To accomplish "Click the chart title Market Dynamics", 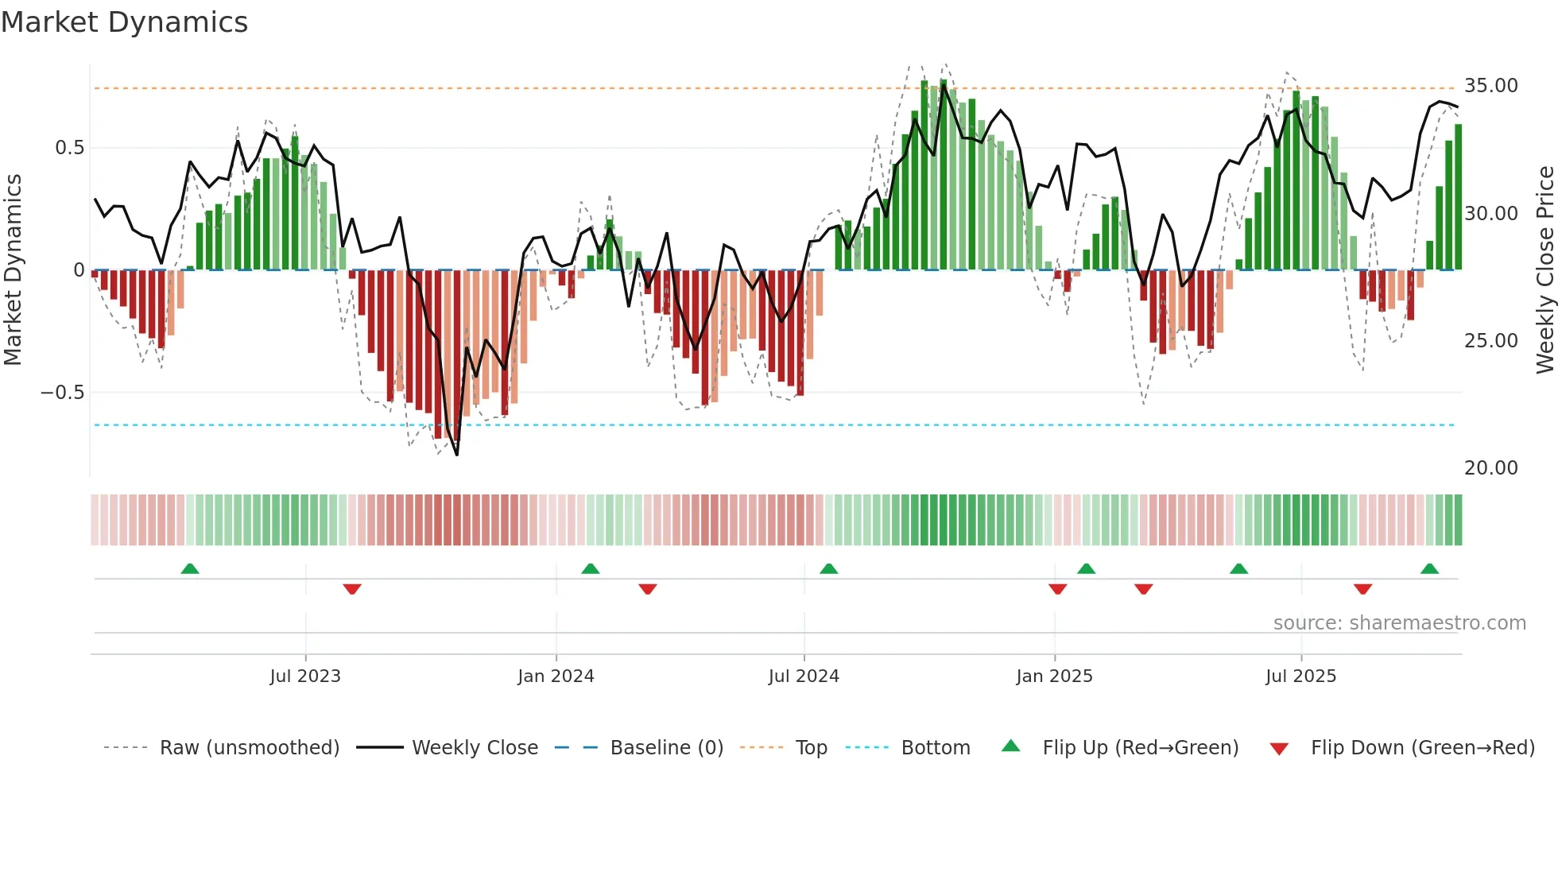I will [125, 22].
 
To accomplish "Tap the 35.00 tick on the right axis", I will [1490, 86].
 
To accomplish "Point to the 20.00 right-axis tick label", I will [1490, 468].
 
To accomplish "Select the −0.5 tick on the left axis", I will [62, 393].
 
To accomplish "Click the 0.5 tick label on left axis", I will [69, 148].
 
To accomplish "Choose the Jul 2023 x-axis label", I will [305, 676].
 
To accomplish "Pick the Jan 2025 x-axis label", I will [1054, 676].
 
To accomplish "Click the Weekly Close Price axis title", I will [1544, 270].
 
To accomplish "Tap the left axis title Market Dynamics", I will [13, 270].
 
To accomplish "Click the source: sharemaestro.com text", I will [1399, 623].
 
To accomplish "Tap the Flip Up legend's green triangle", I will [1010, 746].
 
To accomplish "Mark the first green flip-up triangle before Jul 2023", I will [190, 568].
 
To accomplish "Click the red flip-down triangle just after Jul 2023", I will [352, 589].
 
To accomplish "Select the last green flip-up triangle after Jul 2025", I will [1429, 568].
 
